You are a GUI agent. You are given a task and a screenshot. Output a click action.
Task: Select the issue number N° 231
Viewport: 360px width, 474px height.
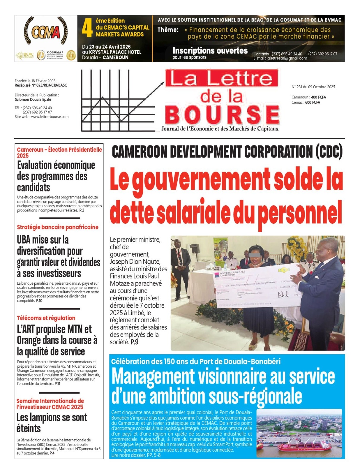pos(299,87)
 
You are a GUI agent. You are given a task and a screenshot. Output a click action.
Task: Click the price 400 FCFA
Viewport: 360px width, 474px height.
pos(318,97)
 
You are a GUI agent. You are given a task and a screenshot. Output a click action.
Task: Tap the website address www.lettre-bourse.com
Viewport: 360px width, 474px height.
pos(50,117)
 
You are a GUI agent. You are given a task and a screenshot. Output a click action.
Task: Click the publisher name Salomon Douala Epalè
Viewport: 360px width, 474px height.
pos(33,100)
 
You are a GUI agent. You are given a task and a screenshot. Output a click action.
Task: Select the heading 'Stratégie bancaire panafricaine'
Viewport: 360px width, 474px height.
pos(58,227)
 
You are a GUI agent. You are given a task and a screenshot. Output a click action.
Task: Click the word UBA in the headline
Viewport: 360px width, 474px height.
pos(24,240)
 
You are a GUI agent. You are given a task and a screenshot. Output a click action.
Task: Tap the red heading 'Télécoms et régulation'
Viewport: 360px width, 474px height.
pos(46,318)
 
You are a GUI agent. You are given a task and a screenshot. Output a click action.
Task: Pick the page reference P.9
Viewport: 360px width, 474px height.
pos(134,342)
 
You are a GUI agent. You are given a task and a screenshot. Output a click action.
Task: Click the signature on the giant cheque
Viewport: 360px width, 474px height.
pos(283,294)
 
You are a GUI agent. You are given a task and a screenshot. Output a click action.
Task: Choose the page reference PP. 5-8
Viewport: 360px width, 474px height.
pos(154,455)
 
